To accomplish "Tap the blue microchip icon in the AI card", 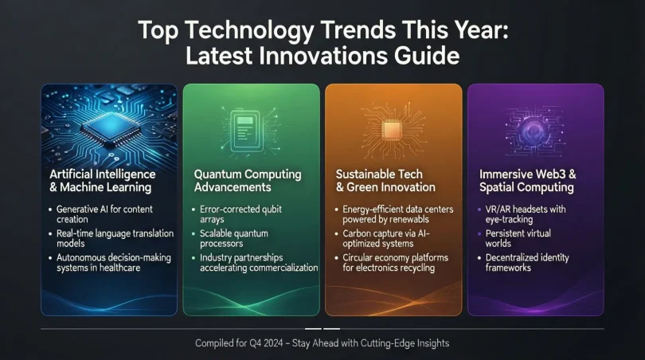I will (x=108, y=123).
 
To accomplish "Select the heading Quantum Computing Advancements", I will (x=248, y=180).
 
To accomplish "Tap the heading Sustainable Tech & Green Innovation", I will (x=385, y=180).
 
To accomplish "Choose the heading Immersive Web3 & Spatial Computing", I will (x=526, y=180).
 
